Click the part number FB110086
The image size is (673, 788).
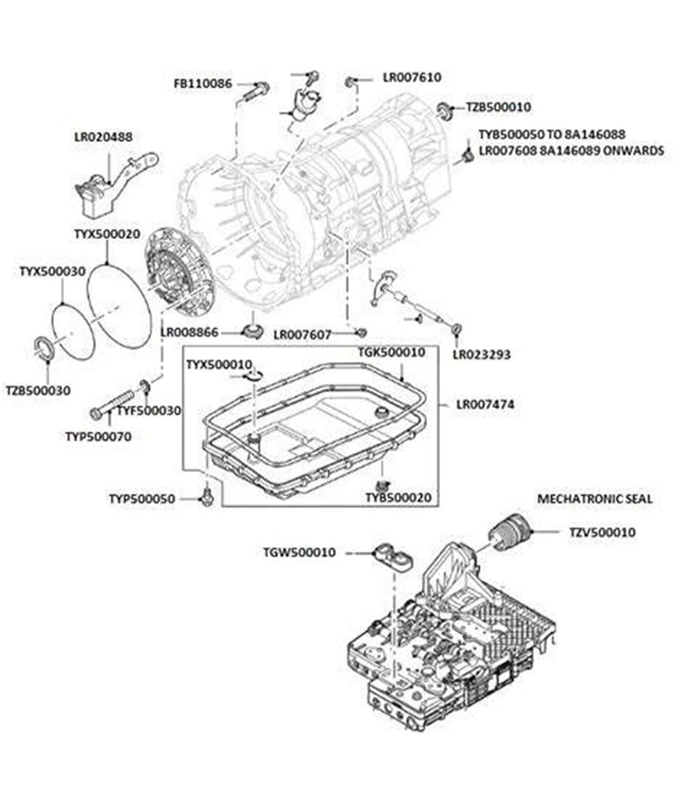pos(203,83)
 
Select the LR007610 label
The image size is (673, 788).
pos(411,77)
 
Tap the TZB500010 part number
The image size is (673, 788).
pos(499,107)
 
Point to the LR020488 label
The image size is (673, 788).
pos(103,137)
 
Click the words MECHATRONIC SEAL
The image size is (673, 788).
pos(594,499)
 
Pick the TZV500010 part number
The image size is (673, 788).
pos(602,532)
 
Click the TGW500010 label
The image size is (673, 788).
pos(299,552)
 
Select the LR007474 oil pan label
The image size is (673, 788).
pos(485,405)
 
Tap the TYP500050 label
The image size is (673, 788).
pos(142,499)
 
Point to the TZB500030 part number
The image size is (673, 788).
pos(38,391)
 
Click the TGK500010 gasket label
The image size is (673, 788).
pos(391,353)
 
